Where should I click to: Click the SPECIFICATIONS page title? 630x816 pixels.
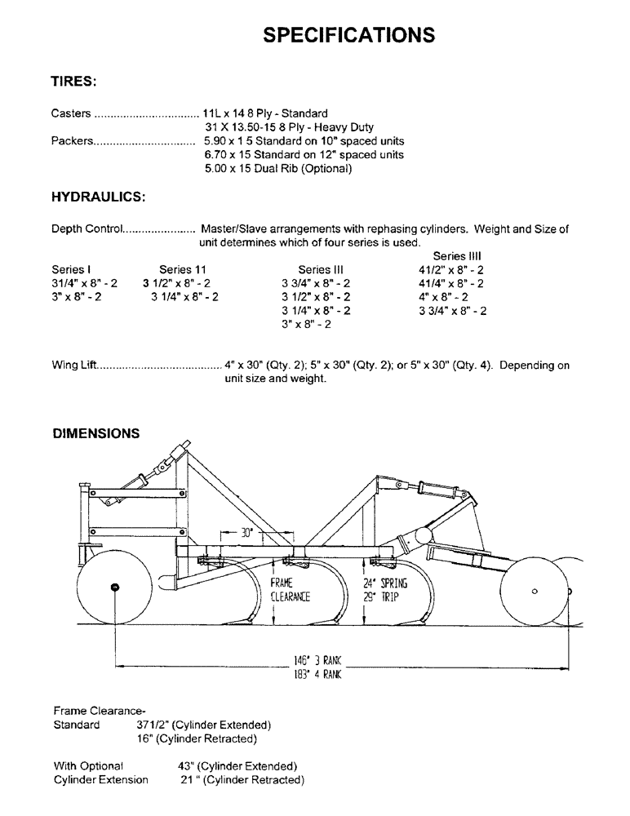pos(349,34)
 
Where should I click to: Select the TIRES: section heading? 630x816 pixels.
pos(74,82)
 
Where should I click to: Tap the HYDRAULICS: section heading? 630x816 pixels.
pos(99,197)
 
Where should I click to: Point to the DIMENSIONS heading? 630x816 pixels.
pos(96,433)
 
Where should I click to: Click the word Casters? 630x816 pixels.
pos(71,113)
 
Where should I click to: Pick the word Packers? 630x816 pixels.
pos(72,141)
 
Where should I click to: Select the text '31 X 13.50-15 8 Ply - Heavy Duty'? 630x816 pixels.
pos(289,127)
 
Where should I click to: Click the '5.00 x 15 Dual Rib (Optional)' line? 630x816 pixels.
pos(277,169)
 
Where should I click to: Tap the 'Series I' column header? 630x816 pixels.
pos(71,269)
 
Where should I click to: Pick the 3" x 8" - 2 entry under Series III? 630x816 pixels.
pos(306,324)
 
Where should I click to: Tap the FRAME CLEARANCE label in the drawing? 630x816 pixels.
pos(291,590)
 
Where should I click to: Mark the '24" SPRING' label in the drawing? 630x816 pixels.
pos(385,583)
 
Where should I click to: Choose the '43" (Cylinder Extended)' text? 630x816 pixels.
pos(237,766)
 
